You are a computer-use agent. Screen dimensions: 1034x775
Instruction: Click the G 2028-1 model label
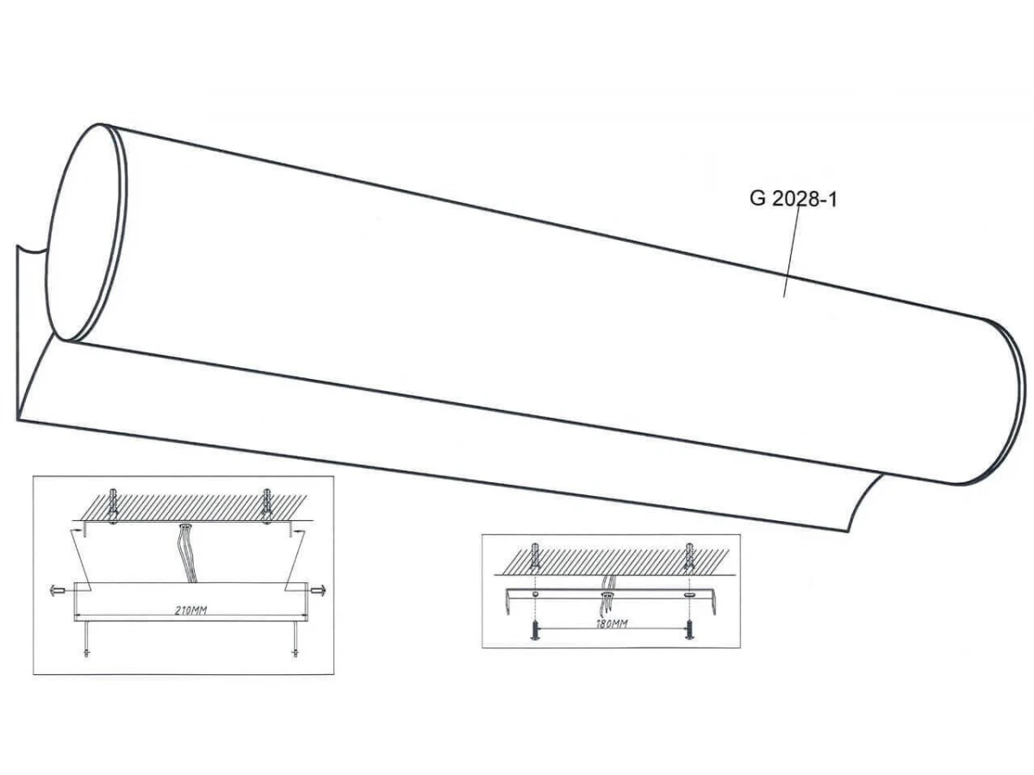tap(794, 199)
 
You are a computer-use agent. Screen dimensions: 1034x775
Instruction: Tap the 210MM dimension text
tap(190, 611)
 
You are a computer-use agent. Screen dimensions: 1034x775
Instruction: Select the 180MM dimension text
tap(612, 624)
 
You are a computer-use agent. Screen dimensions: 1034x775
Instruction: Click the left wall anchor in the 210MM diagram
tap(112, 506)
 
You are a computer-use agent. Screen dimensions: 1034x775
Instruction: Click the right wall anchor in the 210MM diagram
tap(266, 506)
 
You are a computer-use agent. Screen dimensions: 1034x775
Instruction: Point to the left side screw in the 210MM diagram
tap(58, 590)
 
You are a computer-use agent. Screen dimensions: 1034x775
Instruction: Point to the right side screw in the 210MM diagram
tap(319, 590)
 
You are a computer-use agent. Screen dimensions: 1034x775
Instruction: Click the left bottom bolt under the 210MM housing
tap(86, 639)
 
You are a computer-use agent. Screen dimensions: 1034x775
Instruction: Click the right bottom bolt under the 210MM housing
tap(296, 639)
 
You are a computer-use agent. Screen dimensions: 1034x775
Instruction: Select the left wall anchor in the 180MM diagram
tap(535, 555)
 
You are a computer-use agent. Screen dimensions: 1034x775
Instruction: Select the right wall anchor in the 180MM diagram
tap(689, 555)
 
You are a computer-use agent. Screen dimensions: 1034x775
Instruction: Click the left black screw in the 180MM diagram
tap(535, 630)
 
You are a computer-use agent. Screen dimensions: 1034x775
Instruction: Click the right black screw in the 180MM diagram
tap(689, 630)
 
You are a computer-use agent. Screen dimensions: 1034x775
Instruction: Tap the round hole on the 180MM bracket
tap(535, 595)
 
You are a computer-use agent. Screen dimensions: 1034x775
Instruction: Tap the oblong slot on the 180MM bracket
tap(689, 595)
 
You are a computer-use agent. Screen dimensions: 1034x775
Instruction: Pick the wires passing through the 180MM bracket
tap(608, 594)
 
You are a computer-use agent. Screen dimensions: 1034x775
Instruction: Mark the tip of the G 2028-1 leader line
tap(784, 297)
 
